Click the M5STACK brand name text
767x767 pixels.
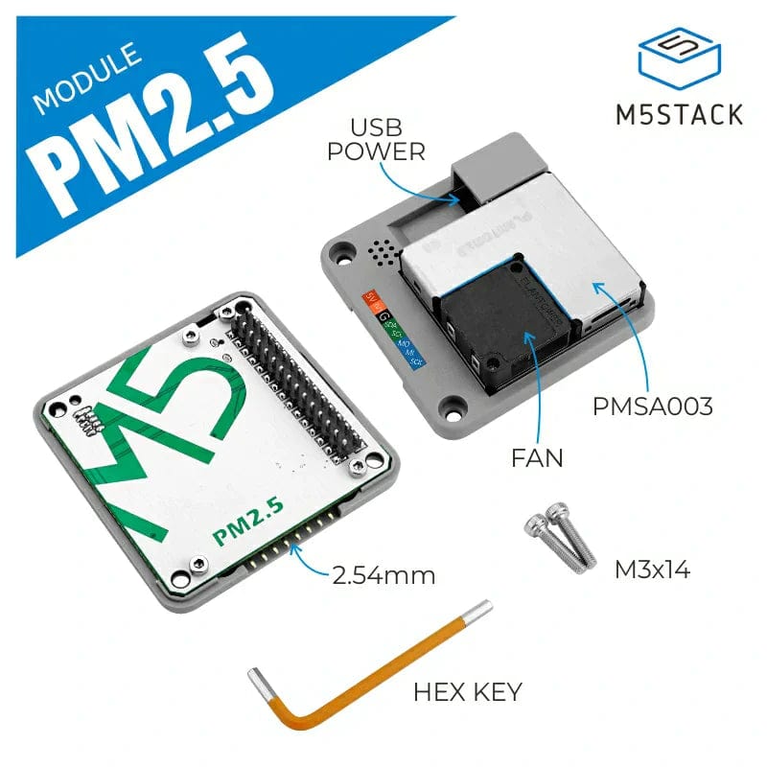click(x=678, y=114)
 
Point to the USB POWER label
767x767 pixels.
click(x=375, y=139)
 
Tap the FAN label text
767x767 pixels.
click(x=537, y=459)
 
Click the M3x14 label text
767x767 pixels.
click(x=652, y=570)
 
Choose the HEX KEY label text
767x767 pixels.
click(x=468, y=690)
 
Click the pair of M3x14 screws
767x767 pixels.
click(x=556, y=542)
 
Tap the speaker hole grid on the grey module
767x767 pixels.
click(x=383, y=253)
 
